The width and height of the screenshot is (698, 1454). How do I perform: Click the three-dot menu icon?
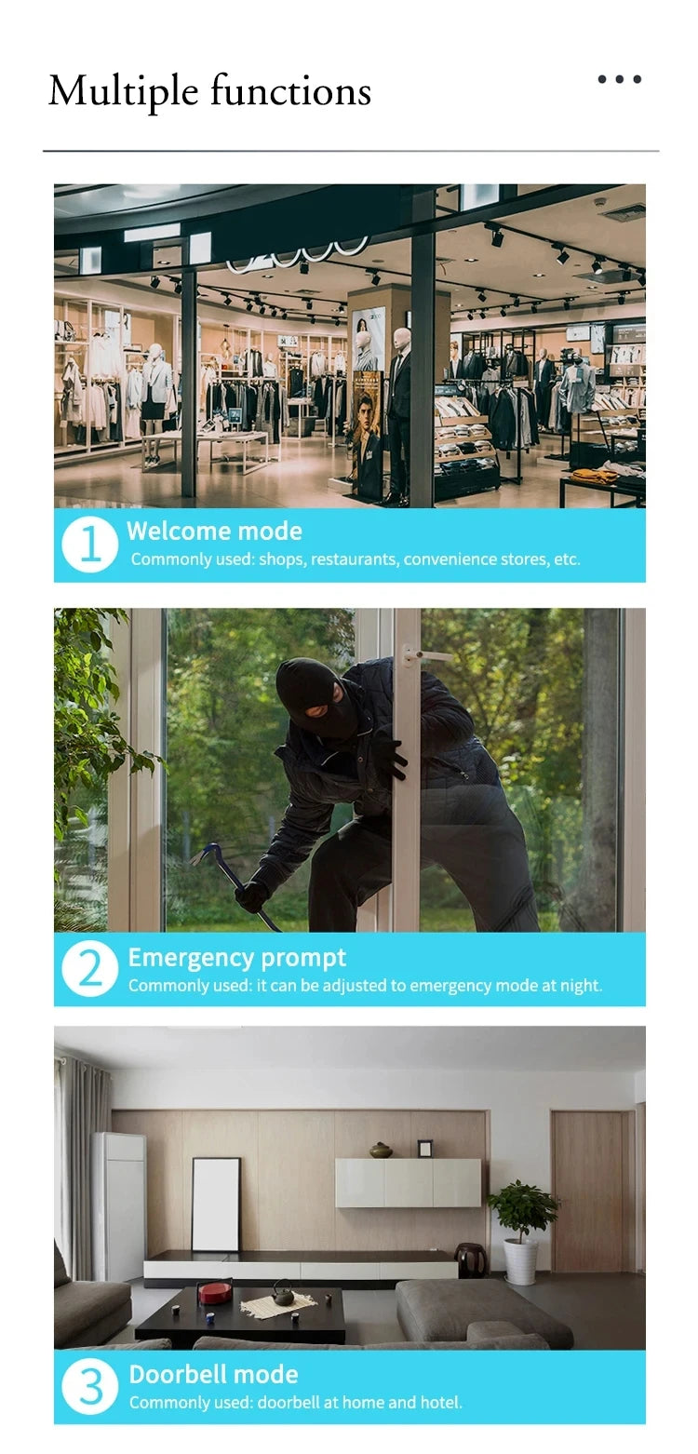click(x=619, y=79)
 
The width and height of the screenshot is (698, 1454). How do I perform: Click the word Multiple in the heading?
click(x=123, y=92)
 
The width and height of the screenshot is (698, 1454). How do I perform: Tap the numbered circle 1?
click(x=89, y=544)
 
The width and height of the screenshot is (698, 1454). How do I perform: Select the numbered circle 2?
click(x=89, y=968)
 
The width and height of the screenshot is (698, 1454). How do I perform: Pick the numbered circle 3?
click(x=89, y=1386)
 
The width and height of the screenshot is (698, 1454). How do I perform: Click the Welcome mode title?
click(x=214, y=531)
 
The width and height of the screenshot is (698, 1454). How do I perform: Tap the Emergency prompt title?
click(x=236, y=958)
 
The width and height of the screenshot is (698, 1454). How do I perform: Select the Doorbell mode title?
click(x=213, y=1374)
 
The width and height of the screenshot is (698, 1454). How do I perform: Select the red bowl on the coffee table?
click(x=215, y=1291)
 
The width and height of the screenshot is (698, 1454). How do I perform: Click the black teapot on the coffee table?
click(x=283, y=1294)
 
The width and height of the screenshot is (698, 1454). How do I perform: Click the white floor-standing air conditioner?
click(x=119, y=1205)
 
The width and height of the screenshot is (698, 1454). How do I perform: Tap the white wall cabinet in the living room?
click(x=408, y=1183)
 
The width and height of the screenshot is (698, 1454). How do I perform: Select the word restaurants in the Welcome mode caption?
click(x=354, y=559)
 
